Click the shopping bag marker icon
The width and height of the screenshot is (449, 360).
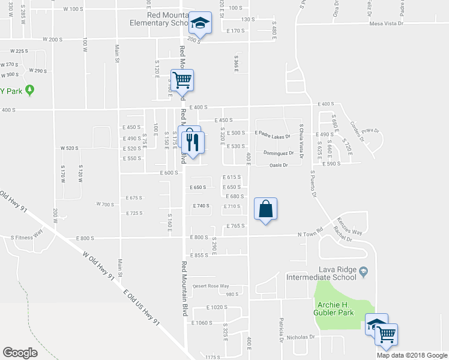click(x=266, y=210)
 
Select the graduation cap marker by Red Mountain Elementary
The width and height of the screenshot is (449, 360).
click(x=200, y=24)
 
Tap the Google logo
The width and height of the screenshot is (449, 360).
click(x=20, y=352)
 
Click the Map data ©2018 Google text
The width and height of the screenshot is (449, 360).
click(x=412, y=355)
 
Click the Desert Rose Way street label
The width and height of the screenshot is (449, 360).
click(x=211, y=286)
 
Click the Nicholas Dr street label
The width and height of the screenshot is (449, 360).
click(x=300, y=337)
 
